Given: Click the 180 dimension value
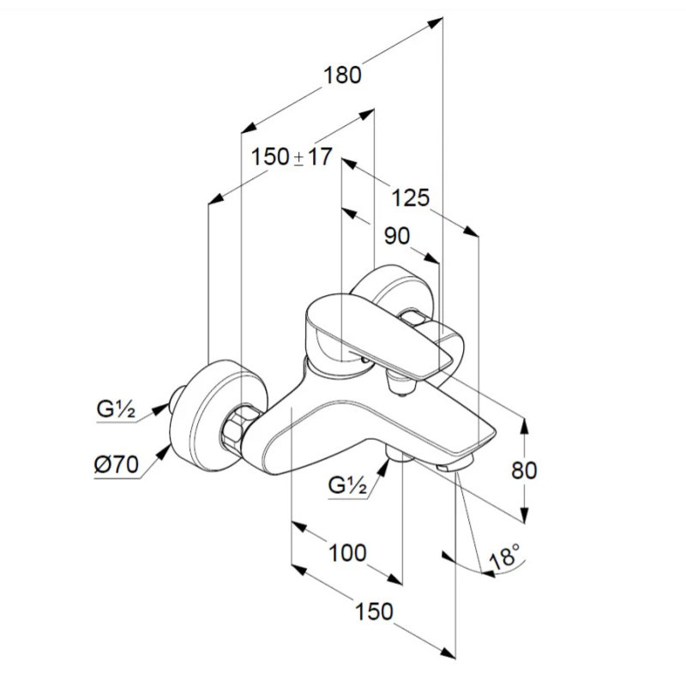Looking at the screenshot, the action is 342,75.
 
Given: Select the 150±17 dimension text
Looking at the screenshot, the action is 292,157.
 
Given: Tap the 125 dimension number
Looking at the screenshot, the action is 411,198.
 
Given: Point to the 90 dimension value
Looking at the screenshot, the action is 397,236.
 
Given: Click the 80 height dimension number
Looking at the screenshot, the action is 524,470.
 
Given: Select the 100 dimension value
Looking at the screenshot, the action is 347,553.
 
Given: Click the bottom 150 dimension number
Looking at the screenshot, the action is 374,611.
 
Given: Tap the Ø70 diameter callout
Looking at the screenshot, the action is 117,464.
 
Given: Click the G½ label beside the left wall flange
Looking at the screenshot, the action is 116,409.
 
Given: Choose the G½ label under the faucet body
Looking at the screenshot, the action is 347,484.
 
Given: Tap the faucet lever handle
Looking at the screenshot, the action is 379,337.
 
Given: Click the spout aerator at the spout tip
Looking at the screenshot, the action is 455,465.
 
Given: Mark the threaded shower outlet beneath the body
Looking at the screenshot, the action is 399,457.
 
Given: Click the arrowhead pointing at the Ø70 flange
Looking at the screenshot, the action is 164,452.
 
